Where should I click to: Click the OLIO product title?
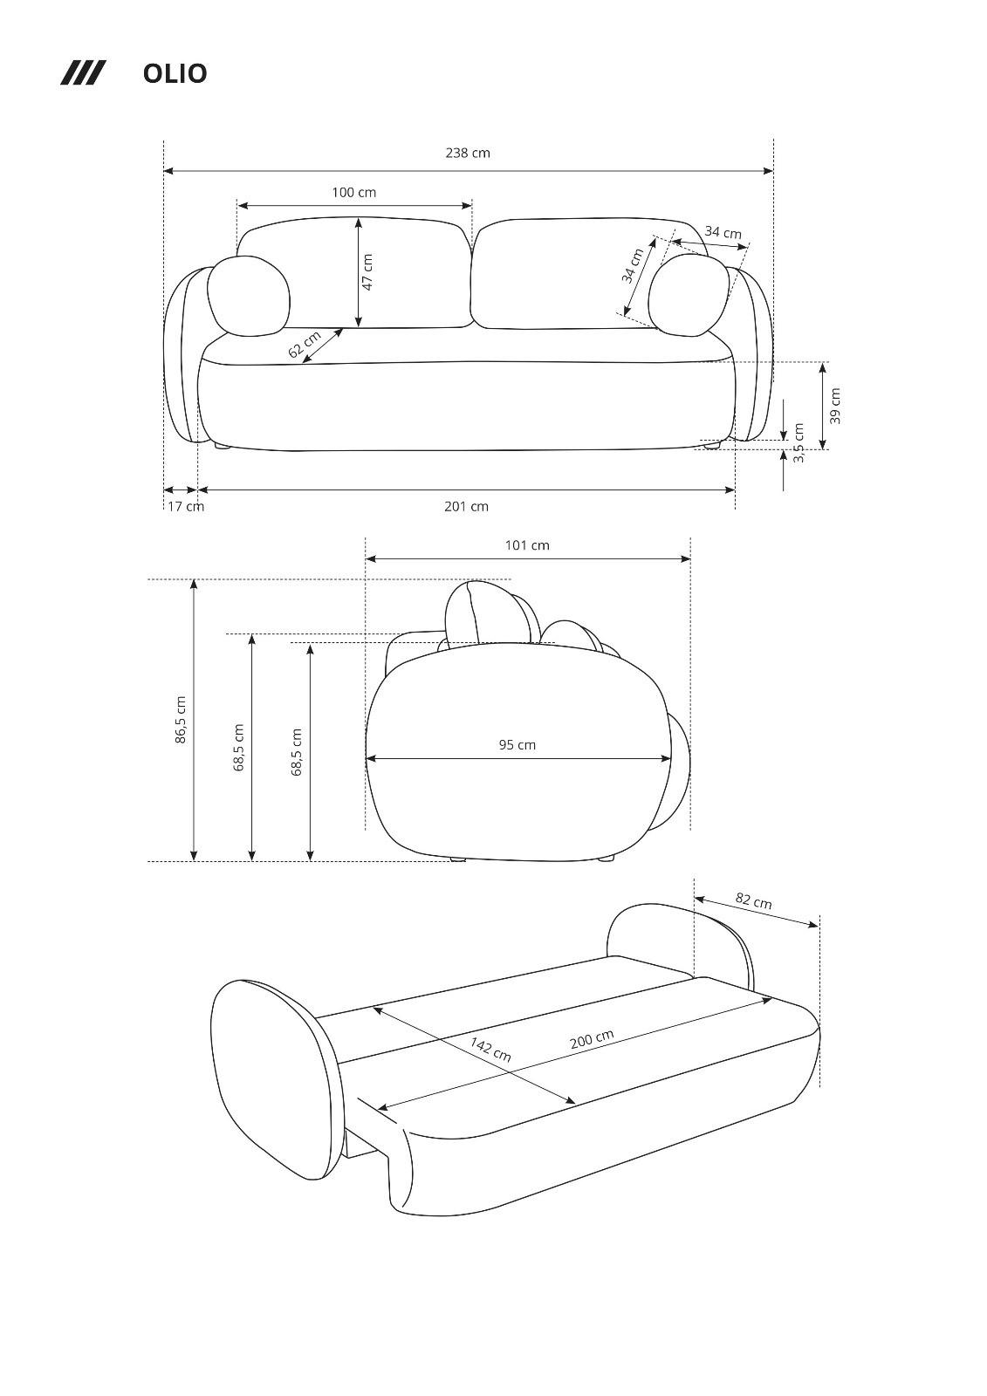[175, 73]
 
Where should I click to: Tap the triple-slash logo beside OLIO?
[83, 73]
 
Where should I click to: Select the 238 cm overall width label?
[468, 153]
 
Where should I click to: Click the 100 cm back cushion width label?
[353, 192]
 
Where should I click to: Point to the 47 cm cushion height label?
[367, 272]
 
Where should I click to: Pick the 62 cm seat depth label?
[305, 344]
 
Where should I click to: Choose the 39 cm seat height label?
[835, 406]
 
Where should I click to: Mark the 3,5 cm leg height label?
[799, 443]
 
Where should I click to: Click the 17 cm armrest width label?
[186, 506]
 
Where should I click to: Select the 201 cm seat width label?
[466, 507]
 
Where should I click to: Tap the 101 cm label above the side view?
[527, 545]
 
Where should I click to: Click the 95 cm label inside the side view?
[517, 745]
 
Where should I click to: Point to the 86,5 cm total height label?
[181, 720]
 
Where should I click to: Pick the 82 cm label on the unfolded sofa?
[753, 900]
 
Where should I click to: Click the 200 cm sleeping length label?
[592, 1038]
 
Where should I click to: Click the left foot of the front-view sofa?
[223, 446]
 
